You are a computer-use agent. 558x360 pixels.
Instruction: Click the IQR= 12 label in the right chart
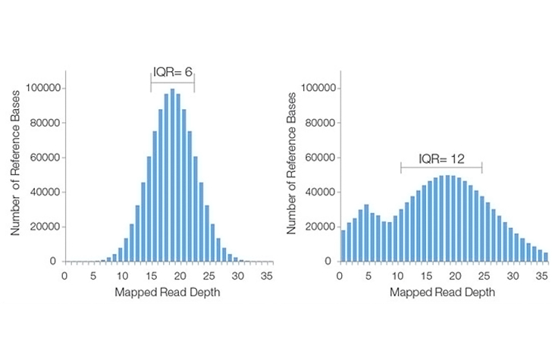click(x=441, y=159)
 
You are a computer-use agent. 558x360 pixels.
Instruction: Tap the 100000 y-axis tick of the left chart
click(x=42, y=88)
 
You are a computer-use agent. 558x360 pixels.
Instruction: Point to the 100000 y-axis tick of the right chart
click(x=318, y=88)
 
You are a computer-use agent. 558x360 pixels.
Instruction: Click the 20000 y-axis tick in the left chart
click(x=44, y=227)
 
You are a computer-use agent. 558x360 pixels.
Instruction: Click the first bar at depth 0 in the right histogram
click(x=343, y=246)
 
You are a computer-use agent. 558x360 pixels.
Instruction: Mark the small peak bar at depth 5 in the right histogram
click(x=366, y=233)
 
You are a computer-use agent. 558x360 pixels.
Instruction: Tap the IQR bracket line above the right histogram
click(x=441, y=168)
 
